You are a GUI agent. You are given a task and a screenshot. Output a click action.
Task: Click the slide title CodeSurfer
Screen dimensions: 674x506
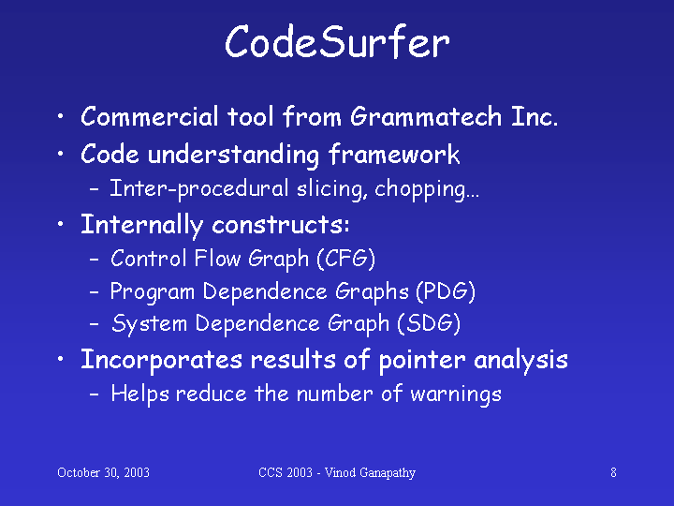[337, 42]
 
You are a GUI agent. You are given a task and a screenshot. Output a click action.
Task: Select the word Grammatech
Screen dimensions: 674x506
[426, 116]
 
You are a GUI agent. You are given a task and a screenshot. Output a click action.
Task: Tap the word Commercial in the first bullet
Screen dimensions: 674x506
[150, 116]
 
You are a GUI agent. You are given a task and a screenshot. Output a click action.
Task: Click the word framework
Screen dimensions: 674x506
[394, 154]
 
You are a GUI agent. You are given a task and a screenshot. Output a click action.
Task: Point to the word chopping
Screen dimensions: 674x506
[427, 189]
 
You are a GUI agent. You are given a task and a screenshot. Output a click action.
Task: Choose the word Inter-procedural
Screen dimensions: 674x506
[199, 189]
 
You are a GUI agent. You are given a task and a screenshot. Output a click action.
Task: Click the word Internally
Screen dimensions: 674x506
[142, 225]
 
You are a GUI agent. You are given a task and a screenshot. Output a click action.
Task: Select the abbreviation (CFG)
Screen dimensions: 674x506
[346, 259]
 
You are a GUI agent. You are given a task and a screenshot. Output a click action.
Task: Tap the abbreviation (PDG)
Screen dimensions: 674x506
[446, 291]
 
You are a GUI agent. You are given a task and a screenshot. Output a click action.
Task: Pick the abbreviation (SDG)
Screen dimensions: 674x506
[429, 323]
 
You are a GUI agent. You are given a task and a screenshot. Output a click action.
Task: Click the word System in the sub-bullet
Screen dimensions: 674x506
[149, 323]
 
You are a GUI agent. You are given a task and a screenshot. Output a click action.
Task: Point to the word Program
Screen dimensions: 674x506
[153, 292]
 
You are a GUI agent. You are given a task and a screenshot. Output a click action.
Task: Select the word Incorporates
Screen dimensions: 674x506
[162, 360]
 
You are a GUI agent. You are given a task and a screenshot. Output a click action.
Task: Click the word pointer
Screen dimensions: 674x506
[422, 361]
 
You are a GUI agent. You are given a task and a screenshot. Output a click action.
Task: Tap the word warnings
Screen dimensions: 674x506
[456, 394]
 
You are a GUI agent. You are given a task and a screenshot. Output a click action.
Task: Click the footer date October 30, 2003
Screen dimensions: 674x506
[103, 472]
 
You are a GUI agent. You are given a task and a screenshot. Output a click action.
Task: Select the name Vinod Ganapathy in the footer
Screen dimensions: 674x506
[370, 473]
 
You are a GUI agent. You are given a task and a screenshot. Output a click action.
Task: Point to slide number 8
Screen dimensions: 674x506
[613, 472]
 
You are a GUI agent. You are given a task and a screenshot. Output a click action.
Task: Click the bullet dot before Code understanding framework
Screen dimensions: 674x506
[61, 154]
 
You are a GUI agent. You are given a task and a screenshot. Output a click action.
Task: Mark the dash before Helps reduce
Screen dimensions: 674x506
[95, 394]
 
